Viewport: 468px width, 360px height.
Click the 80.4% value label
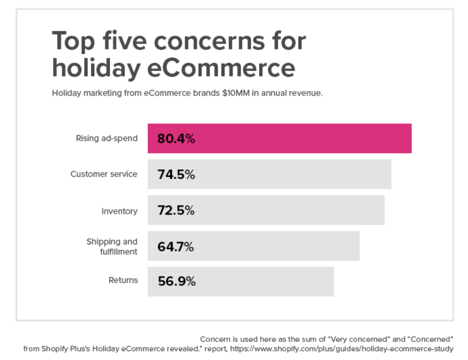pos(176,139)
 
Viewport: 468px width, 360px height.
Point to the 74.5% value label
pos(176,174)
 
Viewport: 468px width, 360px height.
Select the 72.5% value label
pos(176,210)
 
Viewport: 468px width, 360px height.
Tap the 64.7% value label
pos(176,246)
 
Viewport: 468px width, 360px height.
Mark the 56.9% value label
pos(176,282)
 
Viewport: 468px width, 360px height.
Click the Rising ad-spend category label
pos(107,138)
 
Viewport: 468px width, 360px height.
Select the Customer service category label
pos(104,174)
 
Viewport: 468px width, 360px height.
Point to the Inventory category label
pos(119,211)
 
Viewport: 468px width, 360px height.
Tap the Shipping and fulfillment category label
pos(112,246)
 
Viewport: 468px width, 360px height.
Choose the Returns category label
pos(123,280)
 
